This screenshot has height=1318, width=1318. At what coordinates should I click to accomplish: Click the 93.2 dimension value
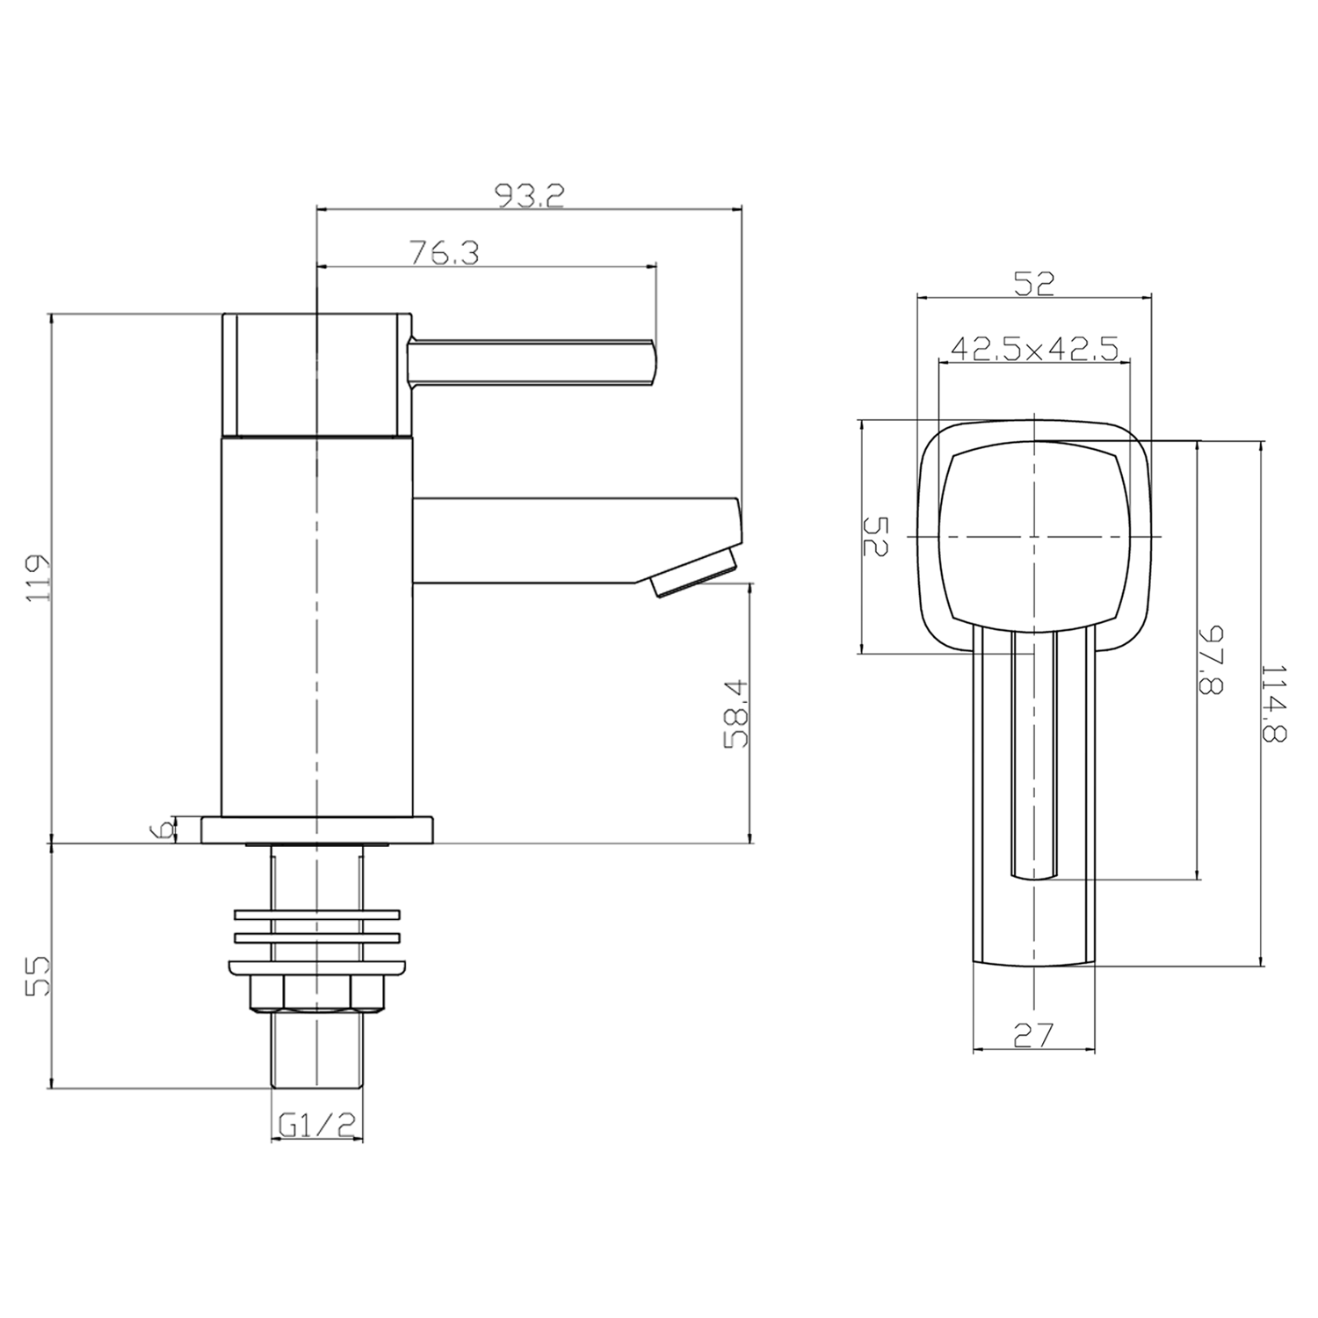click(530, 195)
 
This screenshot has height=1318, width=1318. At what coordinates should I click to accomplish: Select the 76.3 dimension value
click(444, 253)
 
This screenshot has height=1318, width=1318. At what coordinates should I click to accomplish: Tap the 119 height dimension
click(38, 577)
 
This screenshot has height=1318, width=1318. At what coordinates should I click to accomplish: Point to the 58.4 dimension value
click(736, 713)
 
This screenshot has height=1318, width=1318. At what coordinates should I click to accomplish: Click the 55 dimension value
click(38, 975)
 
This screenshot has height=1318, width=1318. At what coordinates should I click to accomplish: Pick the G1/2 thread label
click(316, 1124)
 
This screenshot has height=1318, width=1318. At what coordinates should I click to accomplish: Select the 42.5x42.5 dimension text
click(1033, 350)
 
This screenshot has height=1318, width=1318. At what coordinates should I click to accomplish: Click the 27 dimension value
click(1033, 1036)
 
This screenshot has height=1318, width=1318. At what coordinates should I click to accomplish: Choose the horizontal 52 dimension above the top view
click(1033, 283)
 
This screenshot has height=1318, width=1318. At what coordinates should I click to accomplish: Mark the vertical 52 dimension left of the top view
click(877, 536)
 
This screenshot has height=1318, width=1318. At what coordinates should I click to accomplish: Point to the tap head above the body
click(317, 373)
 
